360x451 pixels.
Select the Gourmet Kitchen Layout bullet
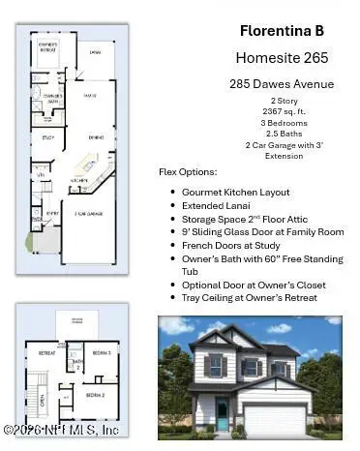point(237,193)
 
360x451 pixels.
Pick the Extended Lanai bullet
point(217,205)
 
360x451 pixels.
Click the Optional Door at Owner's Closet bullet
point(255,286)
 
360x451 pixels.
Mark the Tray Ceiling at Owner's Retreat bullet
point(250,297)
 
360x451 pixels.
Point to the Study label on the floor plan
point(46,138)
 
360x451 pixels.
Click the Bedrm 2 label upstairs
point(96,394)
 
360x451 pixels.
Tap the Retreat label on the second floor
point(46,354)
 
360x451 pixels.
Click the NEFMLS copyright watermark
point(60,429)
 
